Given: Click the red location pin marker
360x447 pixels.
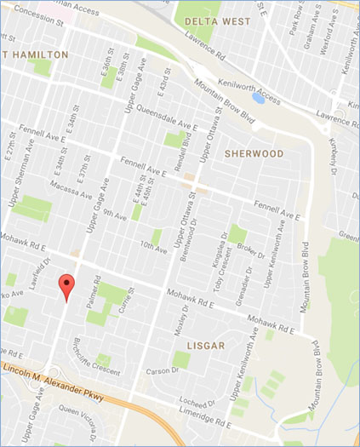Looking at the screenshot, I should (x=66, y=287).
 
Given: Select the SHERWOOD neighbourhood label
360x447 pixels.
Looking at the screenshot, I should (x=254, y=153).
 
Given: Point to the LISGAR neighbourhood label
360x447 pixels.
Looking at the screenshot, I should (x=204, y=346).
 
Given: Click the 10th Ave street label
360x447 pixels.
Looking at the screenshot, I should (x=154, y=247).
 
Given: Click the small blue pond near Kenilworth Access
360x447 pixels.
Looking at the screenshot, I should (x=259, y=98).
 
